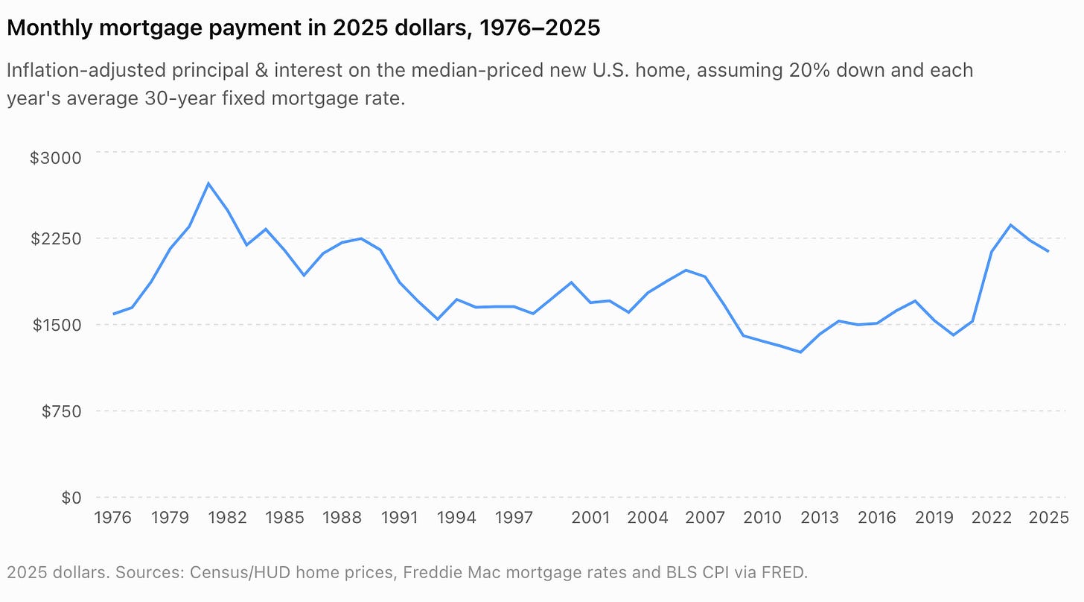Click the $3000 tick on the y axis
point(56,158)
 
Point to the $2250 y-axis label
point(56,238)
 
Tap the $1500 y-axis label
point(57,325)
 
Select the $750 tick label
point(62,411)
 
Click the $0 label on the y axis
point(71,498)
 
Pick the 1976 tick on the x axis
point(112,518)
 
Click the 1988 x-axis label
point(342,518)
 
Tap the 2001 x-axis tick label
point(590,518)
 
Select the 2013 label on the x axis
point(820,518)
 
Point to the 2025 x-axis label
point(1049,518)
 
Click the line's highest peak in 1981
point(208,183)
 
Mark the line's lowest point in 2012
point(800,352)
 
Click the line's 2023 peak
point(1010,225)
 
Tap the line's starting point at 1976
point(113,314)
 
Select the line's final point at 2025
point(1048,251)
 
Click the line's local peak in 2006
point(686,270)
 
